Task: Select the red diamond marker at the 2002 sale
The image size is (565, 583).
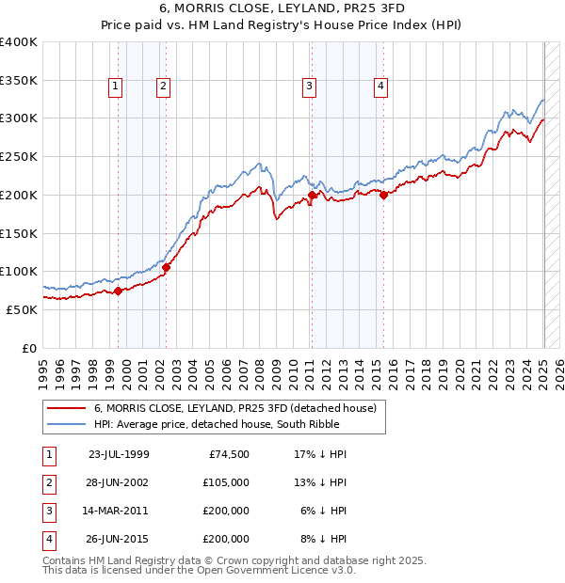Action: click(166, 267)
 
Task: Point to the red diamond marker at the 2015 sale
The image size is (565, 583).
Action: click(383, 195)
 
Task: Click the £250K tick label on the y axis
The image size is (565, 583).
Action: click(19, 156)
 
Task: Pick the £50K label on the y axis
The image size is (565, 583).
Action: click(23, 309)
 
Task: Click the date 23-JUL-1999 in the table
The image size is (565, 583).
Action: click(119, 454)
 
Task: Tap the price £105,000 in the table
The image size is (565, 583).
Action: click(227, 482)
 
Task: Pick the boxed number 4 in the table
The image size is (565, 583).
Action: click(48, 539)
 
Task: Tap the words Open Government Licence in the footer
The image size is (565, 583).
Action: click(274, 570)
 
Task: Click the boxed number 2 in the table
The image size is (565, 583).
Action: click(48, 482)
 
